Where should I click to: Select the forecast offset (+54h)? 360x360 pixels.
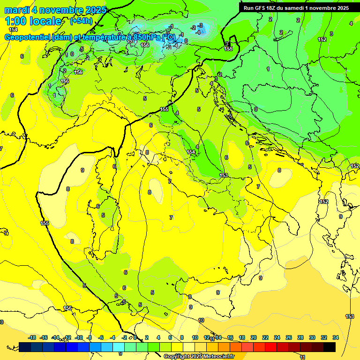pos(81,21)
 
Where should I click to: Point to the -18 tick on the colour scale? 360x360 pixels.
pos(32,337)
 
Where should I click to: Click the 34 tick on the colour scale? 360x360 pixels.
pos(336,337)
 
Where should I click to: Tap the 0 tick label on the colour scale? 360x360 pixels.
pos(135,337)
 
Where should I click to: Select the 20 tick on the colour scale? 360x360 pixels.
pos(254,337)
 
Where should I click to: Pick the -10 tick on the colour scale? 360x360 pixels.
pos(78,337)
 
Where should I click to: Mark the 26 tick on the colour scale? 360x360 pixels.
pos(289,337)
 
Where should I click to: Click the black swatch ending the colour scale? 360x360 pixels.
pos(330,347)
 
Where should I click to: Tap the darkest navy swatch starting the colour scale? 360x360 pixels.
pos(25,347)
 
